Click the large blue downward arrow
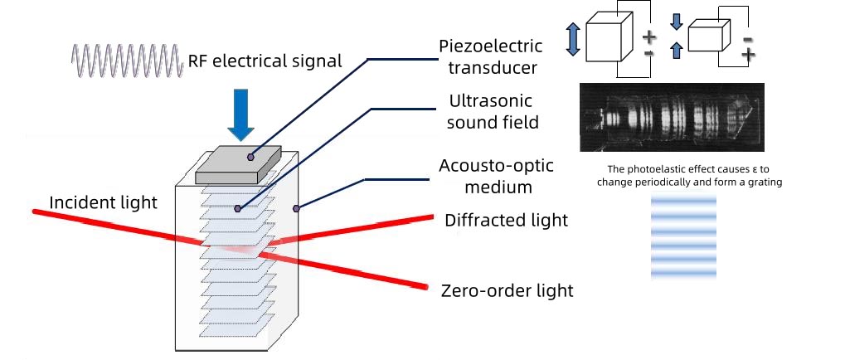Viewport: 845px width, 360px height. [240, 114]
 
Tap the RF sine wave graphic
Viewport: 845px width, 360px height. [127, 61]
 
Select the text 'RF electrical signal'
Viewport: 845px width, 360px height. [265, 61]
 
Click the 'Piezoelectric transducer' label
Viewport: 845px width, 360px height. [490, 56]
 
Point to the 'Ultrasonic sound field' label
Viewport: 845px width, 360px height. [493, 111]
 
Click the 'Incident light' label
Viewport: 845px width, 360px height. [103, 202]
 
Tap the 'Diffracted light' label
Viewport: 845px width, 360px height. [506, 221]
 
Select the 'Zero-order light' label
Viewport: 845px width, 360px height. [507, 290]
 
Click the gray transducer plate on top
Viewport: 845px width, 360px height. [238, 165]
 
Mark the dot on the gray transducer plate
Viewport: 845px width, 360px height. [250, 157]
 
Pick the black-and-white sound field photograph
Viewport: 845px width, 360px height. [672, 117]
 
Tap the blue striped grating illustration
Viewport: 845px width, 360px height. [684, 237]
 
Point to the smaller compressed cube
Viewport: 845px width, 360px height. [709, 36]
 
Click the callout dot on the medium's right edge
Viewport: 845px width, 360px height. [296, 208]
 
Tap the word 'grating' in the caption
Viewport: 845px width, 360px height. [765, 182]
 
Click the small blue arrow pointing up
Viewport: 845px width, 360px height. [677, 51]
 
